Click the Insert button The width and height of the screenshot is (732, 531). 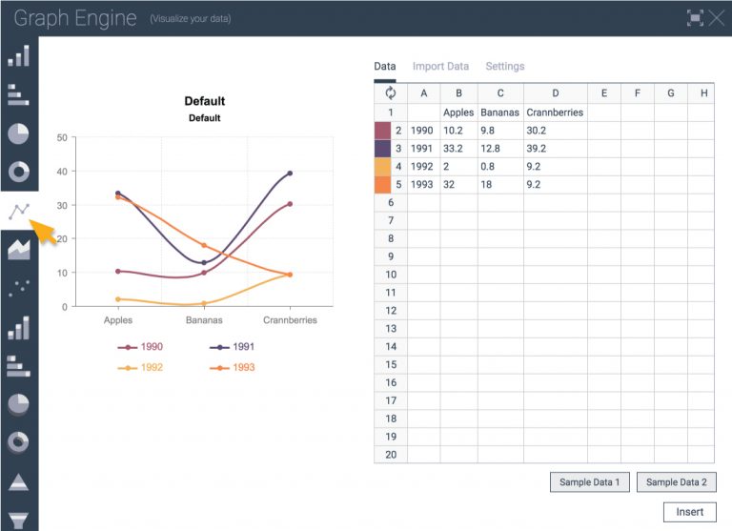(x=689, y=512)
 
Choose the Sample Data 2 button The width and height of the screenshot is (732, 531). (x=676, y=482)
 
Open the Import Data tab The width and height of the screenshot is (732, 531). (x=440, y=67)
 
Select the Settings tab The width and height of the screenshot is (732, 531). (x=505, y=67)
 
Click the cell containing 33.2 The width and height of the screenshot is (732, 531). (x=457, y=148)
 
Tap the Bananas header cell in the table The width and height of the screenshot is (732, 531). (x=499, y=112)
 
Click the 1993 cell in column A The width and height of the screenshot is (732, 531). (x=422, y=184)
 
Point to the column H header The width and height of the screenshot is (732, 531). (x=703, y=93)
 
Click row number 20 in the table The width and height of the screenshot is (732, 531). (x=391, y=454)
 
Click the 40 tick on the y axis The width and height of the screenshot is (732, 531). (x=61, y=172)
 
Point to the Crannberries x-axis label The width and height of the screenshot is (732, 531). (x=290, y=320)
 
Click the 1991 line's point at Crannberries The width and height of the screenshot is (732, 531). (x=290, y=174)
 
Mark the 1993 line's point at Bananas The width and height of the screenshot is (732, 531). (x=204, y=246)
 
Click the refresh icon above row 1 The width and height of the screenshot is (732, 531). (x=391, y=93)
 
